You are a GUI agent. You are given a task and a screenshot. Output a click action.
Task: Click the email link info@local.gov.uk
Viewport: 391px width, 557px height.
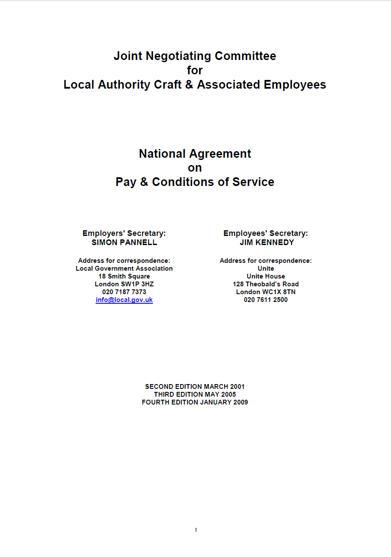(124, 300)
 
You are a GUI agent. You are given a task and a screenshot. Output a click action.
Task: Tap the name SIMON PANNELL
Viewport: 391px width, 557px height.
(124, 242)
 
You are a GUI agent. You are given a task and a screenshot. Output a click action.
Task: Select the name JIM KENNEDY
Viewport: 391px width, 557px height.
(267, 242)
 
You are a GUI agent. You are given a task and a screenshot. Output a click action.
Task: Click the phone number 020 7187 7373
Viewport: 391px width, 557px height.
(124, 292)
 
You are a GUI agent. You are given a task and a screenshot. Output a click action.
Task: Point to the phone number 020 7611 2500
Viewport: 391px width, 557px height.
(265, 300)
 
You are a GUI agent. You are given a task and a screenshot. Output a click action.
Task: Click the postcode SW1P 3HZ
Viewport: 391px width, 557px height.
(136, 284)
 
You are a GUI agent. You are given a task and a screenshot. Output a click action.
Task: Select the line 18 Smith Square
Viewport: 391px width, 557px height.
(124, 276)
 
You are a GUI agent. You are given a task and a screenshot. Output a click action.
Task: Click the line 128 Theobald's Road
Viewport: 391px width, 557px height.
(265, 284)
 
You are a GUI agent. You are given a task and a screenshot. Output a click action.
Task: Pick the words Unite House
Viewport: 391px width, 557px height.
(265, 276)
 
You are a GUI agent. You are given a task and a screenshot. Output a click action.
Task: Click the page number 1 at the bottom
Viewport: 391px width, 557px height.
(195, 530)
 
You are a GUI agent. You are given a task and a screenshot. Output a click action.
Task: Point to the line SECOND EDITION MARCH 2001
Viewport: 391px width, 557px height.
(195, 386)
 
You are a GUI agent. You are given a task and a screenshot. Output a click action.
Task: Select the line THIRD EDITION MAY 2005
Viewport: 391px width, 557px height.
(195, 394)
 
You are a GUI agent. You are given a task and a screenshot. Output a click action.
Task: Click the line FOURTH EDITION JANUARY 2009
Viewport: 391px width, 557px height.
(195, 402)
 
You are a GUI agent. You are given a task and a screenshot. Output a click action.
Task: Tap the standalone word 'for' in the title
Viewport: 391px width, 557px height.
(195, 70)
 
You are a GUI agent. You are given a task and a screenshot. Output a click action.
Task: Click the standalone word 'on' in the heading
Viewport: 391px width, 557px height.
(195, 168)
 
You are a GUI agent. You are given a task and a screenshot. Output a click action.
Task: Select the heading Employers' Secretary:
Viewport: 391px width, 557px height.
(124, 233)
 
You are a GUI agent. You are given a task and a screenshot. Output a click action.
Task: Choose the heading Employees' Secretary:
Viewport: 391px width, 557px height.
(265, 233)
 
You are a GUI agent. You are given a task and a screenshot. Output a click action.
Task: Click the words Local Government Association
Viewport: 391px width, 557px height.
(124, 269)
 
